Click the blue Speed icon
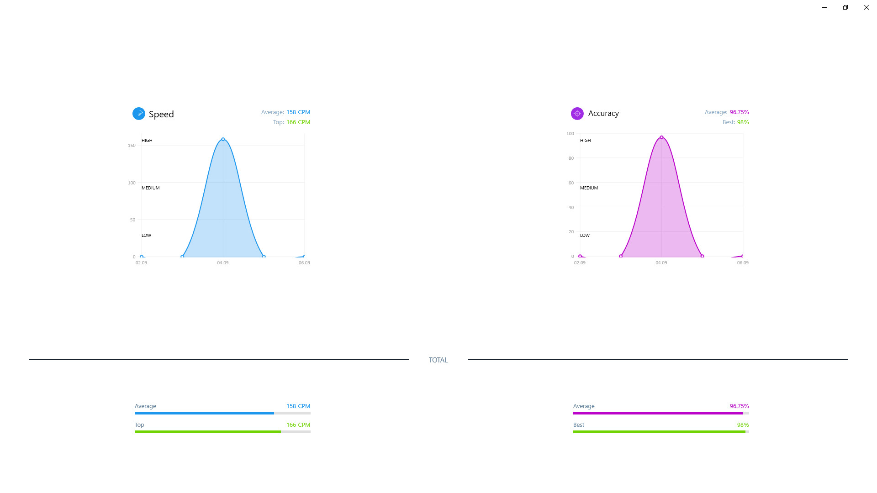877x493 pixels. pyautogui.click(x=138, y=114)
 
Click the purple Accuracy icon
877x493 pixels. pyautogui.click(x=577, y=114)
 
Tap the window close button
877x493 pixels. pyautogui.click(x=866, y=7)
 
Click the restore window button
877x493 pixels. pyautogui.click(x=845, y=7)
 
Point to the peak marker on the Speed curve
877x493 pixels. pyautogui.click(x=223, y=139)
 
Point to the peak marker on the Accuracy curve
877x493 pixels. pyautogui.click(x=661, y=137)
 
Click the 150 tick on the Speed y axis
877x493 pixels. pyautogui.click(x=132, y=146)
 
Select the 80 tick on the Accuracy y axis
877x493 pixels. pyautogui.click(x=571, y=158)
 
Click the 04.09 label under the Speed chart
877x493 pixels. pyautogui.click(x=223, y=263)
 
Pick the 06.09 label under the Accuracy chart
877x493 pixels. pyautogui.click(x=743, y=263)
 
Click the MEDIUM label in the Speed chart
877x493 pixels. pyautogui.click(x=150, y=188)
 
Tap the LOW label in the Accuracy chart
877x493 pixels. pyautogui.click(x=585, y=236)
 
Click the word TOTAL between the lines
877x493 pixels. pyautogui.click(x=438, y=360)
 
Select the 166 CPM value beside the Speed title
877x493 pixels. pyautogui.click(x=298, y=122)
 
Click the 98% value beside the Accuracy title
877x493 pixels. pyautogui.click(x=743, y=122)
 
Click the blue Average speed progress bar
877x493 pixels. pyautogui.click(x=204, y=413)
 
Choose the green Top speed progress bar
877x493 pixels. pyautogui.click(x=208, y=432)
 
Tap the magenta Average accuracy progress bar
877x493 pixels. pyautogui.click(x=658, y=413)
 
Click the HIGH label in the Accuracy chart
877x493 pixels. pyautogui.click(x=585, y=141)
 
